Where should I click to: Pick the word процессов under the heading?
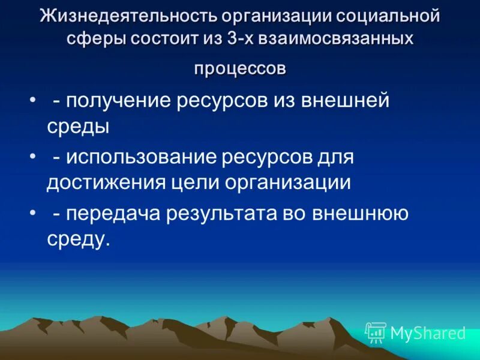tap(240, 68)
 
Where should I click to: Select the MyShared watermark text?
tap(428, 333)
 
